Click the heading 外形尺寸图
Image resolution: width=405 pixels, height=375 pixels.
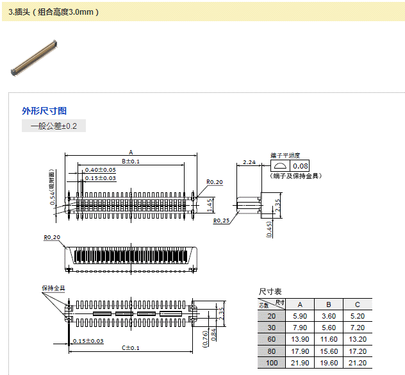coord(44,111)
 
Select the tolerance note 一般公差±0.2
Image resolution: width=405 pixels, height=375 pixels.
coord(54,126)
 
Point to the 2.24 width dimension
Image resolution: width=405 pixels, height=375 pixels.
coord(249,163)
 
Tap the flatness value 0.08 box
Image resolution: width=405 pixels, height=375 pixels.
coord(300,167)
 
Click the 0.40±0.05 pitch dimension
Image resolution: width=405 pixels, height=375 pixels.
coord(101,169)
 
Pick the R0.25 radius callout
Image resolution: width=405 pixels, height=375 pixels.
coord(222,221)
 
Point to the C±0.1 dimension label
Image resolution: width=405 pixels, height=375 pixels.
coord(131,347)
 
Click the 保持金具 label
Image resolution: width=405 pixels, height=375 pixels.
coord(53,288)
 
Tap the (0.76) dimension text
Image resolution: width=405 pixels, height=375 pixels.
coord(205,337)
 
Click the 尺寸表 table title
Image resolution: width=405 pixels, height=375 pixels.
coord(270,291)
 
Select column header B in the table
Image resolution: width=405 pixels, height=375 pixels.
coord(328,304)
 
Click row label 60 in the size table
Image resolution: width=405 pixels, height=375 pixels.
coord(272,339)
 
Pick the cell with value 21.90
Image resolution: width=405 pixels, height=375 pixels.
coord(300,363)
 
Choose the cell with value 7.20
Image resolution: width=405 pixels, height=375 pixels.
coord(357,328)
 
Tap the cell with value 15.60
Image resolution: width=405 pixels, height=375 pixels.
coord(328,351)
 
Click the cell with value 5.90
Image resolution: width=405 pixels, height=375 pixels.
coord(300,316)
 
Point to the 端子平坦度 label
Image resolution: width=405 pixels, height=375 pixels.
coord(285,155)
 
